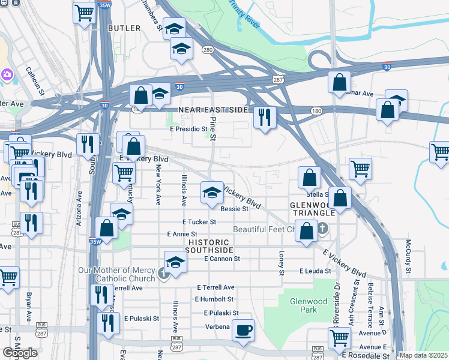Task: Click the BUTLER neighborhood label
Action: (x=124, y=28)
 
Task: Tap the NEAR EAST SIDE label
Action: (x=213, y=110)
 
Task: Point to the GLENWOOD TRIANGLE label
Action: (x=312, y=209)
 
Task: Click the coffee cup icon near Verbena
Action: (x=243, y=330)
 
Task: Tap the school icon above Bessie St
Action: (x=211, y=192)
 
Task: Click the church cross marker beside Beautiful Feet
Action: (x=323, y=228)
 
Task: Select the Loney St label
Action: (x=281, y=263)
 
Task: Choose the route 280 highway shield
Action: (x=208, y=50)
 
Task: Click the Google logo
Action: (x=20, y=353)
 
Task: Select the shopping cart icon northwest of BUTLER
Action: (x=85, y=13)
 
